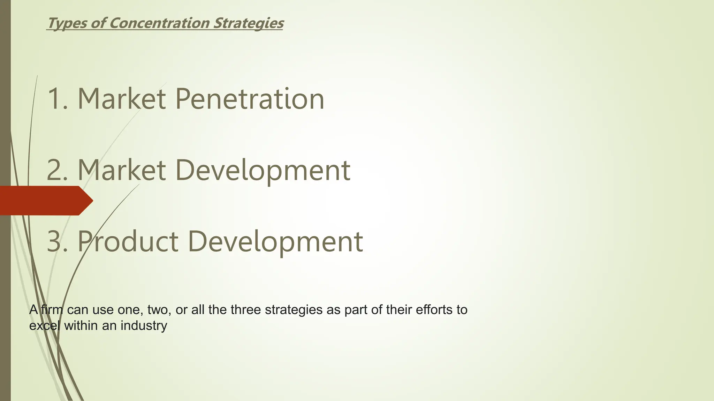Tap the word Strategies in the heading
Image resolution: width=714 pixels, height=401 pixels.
tap(248, 23)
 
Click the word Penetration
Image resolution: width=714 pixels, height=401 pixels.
tap(250, 99)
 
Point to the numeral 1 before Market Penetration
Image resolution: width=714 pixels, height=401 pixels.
tap(54, 99)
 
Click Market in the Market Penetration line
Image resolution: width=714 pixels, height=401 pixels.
tap(121, 99)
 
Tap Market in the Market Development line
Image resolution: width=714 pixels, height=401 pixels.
tap(121, 170)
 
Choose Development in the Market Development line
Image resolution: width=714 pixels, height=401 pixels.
tap(263, 170)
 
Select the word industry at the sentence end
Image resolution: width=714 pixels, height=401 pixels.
tap(144, 326)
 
